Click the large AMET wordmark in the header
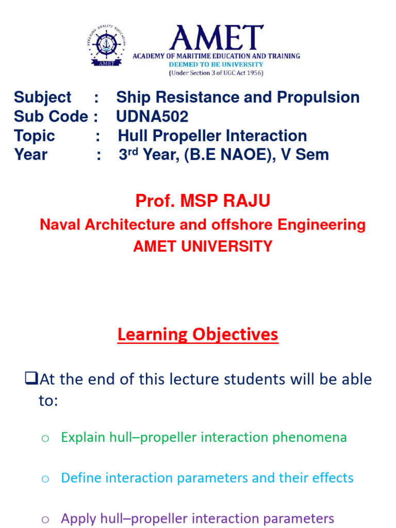click(x=216, y=38)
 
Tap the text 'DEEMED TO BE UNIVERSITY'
click(x=216, y=64)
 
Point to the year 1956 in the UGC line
click(x=252, y=73)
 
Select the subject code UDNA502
click(x=152, y=117)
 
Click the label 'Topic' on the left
click(x=35, y=136)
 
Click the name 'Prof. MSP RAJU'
click(x=203, y=201)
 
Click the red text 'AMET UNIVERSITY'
click(x=203, y=246)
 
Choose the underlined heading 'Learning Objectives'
click(x=197, y=335)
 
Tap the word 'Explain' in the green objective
click(x=83, y=437)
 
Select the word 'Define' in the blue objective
click(x=80, y=478)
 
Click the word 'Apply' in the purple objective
click(x=77, y=518)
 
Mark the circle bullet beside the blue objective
click(x=45, y=479)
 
